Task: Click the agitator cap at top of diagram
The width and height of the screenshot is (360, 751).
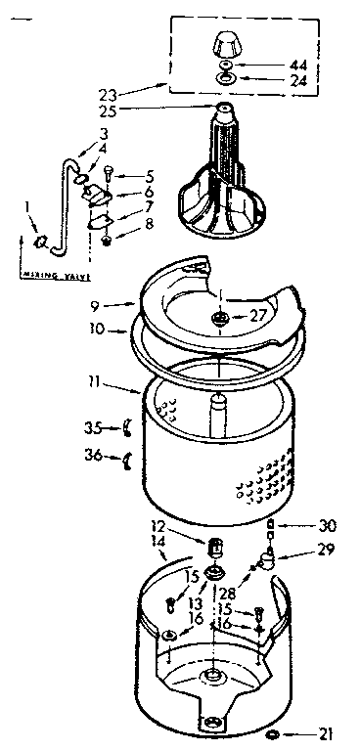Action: (226, 44)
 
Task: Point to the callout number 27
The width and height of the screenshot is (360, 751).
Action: (258, 315)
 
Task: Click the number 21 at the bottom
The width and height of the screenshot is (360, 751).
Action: (327, 733)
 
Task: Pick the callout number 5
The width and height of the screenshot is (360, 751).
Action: (150, 176)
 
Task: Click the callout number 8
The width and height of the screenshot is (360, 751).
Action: (149, 223)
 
